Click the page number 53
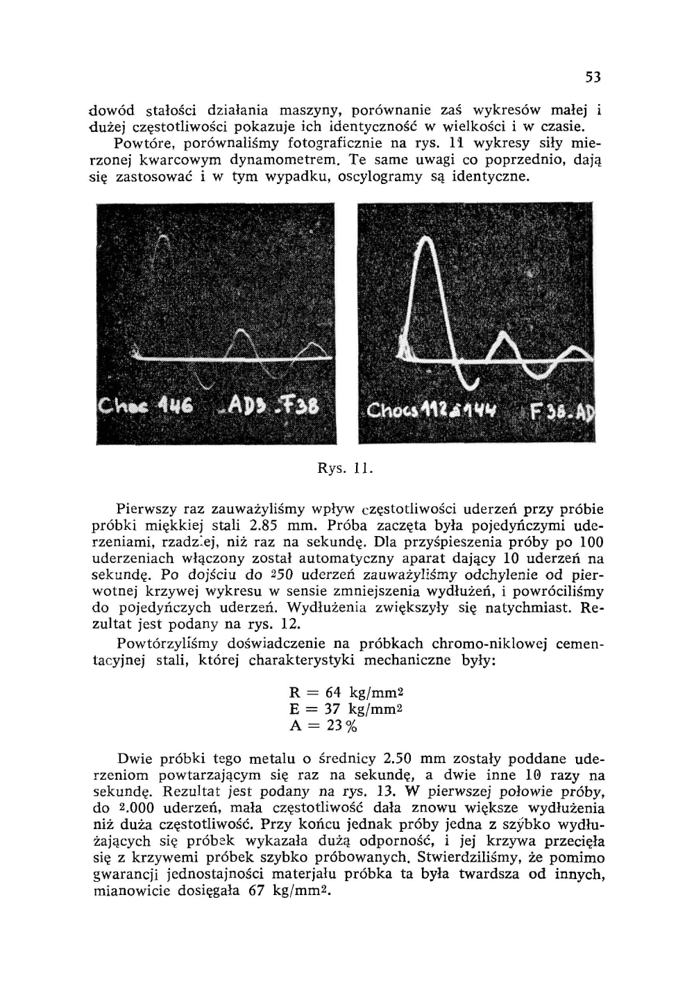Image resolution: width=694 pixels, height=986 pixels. [592, 77]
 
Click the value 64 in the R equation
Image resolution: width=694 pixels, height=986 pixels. [334, 692]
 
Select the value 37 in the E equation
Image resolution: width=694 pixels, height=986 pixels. [333, 709]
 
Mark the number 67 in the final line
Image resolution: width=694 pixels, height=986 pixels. [258, 892]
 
